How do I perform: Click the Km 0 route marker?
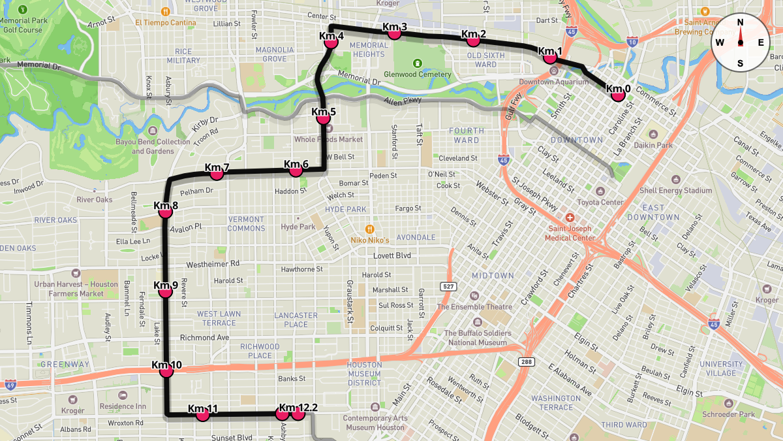tap(618, 95)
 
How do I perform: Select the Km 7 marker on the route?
tap(217, 174)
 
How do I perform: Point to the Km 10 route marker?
tap(166, 371)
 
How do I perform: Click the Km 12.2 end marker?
tap(298, 413)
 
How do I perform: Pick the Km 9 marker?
tap(166, 291)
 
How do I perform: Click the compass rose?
tap(740, 42)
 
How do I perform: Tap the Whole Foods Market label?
tap(328, 139)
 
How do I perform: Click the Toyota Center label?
tap(600, 202)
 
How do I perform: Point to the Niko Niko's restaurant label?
tap(369, 240)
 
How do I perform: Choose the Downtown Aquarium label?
tap(553, 82)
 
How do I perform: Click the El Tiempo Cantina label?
tap(166, 22)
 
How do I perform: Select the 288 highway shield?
tap(527, 361)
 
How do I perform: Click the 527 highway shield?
tap(448, 286)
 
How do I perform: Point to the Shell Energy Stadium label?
tap(675, 190)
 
